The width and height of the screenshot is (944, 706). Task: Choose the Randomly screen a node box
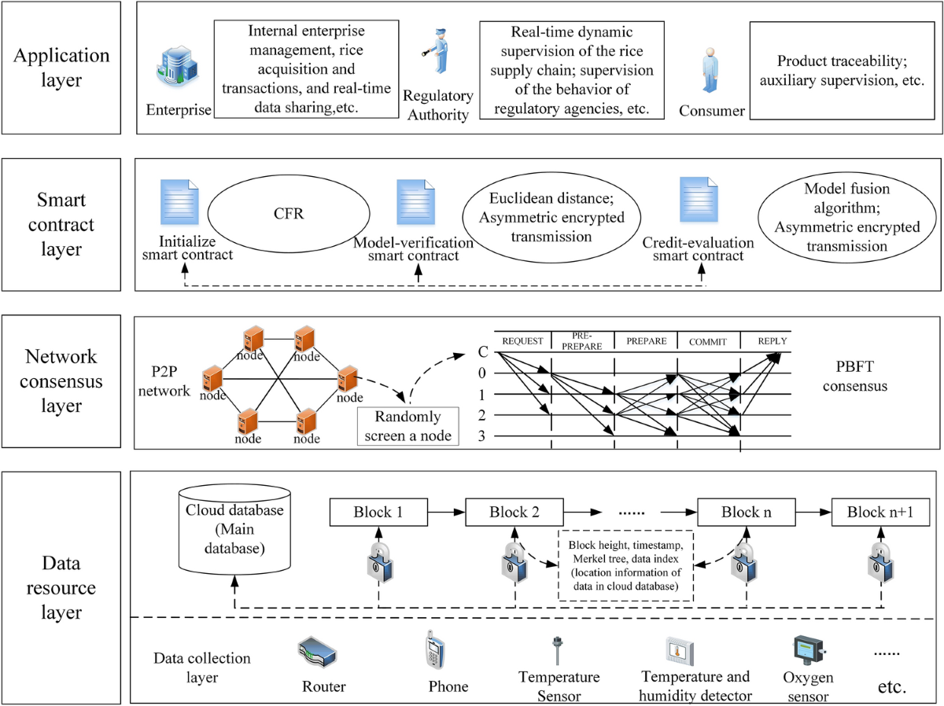407,425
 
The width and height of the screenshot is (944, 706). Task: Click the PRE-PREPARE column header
582,340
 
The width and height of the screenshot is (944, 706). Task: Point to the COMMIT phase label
708,341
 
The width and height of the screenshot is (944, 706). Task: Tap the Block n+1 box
880,513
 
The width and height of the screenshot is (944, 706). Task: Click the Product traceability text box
839,71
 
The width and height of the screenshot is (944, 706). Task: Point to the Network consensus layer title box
62,382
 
